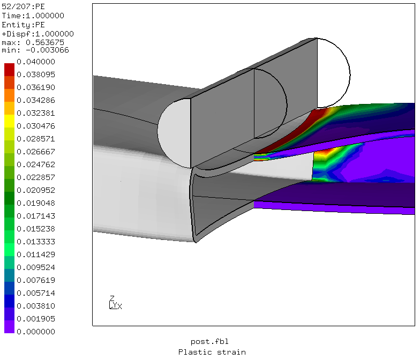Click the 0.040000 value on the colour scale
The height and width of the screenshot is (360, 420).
(36, 62)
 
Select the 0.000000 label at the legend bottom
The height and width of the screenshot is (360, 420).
(36, 332)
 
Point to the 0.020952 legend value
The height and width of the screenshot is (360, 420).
(36, 190)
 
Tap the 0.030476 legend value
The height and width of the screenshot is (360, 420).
(36, 126)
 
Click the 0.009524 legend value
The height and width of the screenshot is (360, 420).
(36, 267)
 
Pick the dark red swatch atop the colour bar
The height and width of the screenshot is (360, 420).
(10, 70)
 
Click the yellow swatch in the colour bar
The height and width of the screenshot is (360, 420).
(10, 121)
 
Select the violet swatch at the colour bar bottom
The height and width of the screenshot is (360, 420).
(10, 327)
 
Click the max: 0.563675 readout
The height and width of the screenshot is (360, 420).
(33, 43)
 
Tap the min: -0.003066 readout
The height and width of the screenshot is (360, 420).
(35, 50)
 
